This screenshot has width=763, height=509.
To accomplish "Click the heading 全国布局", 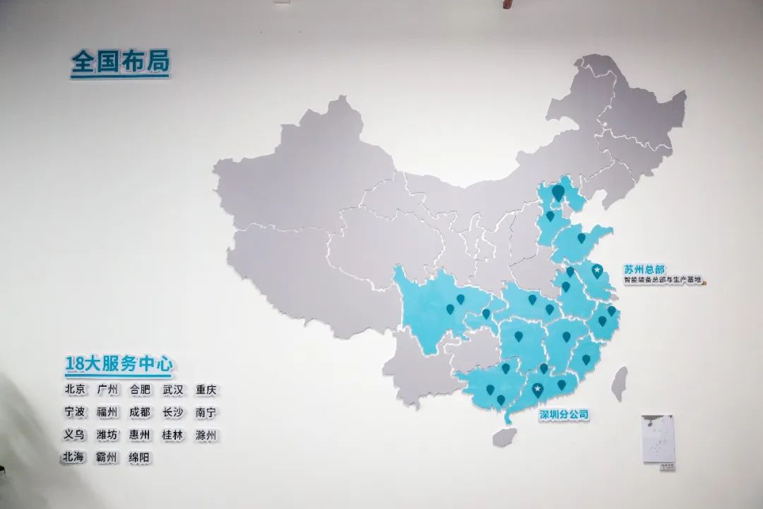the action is point(120,63).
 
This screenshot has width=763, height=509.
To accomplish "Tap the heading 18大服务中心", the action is point(119,365).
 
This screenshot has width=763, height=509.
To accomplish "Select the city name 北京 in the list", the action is point(75,390).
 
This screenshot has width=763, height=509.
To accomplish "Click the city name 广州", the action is point(107,390).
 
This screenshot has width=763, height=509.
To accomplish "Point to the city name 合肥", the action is point(140,390).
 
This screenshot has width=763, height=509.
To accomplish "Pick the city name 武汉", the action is point(173,390).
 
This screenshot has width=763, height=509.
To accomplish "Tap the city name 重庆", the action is point(206,390).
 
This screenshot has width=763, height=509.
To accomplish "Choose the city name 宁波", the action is point(75,412).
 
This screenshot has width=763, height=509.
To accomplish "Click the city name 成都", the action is point(140,412).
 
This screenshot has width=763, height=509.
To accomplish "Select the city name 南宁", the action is point(206,412).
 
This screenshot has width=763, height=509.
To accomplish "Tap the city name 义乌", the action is point(75,435).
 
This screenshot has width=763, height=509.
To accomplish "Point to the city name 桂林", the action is point(173,435).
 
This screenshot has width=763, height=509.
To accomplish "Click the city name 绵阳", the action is point(140,457).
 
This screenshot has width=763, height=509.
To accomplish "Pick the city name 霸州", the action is point(107,457).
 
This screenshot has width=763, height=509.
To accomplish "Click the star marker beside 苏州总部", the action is point(597,270).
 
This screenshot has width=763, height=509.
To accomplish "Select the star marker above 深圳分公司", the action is point(538,388).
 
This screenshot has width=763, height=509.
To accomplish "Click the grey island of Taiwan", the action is point(620,383).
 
